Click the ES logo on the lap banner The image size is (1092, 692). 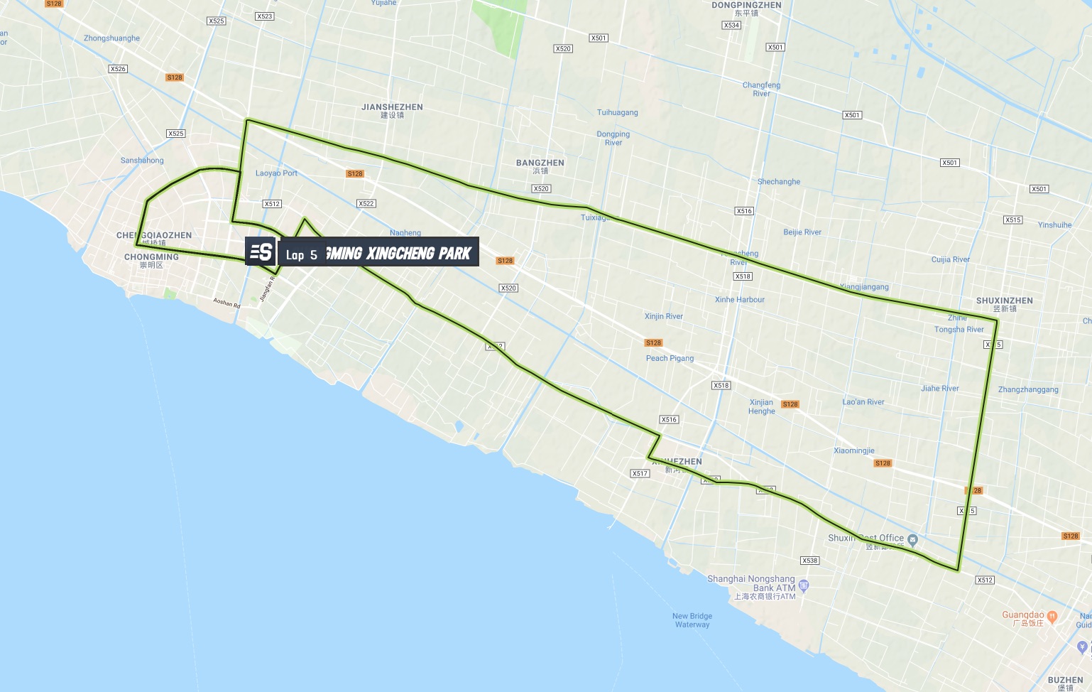[261, 252]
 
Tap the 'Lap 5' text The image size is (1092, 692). [302, 255]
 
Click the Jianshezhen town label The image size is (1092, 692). [392, 111]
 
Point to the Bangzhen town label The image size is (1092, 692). [540, 166]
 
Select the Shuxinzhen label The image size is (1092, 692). [1004, 304]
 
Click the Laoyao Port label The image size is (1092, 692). [276, 173]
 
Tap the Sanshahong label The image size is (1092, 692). [142, 161]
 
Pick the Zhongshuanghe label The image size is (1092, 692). [111, 38]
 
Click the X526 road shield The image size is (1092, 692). [118, 69]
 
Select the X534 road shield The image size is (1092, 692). [731, 26]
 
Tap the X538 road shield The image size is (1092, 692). [809, 561]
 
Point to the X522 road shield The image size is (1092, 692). [366, 204]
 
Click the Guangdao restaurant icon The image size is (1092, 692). [1052, 616]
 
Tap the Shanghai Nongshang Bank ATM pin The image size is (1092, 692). [804, 585]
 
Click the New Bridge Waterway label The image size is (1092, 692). [692, 620]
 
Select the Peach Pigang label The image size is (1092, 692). [670, 359]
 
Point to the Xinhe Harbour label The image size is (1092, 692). [740, 300]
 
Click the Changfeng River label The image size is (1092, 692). [761, 90]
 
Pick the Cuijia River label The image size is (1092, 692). [950, 260]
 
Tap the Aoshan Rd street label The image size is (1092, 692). [227, 303]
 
